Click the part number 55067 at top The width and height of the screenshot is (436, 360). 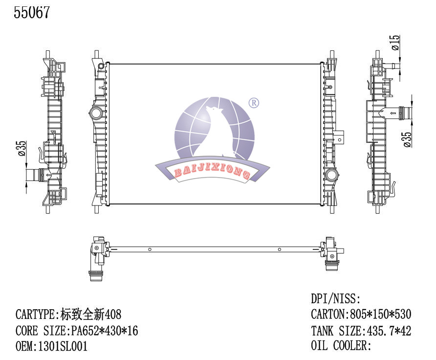32,13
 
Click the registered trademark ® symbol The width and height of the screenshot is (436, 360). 254,103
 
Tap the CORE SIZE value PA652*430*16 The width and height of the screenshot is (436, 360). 105,331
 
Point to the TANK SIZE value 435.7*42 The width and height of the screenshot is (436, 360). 388,331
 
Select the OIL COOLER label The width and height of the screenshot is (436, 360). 341,346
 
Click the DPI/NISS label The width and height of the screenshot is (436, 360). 335,298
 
